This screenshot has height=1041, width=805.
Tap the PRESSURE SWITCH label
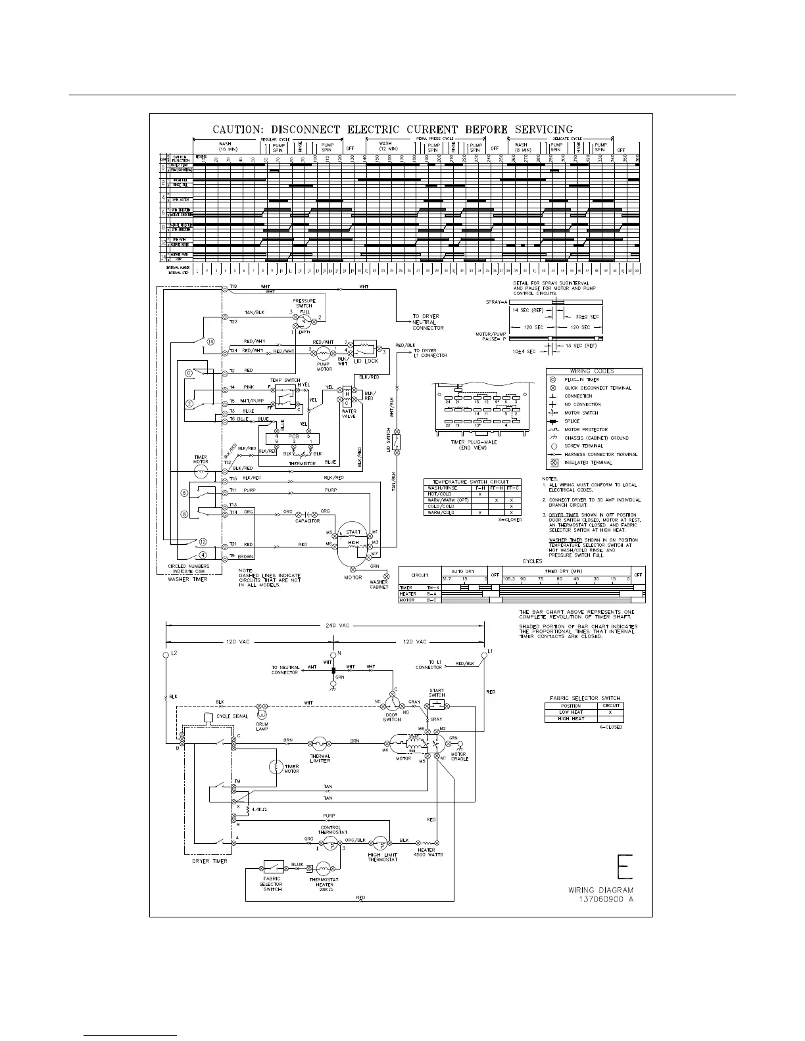pyautogui.click(x=304, y=303)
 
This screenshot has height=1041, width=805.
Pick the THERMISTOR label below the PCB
pyautogui.click(x=303, y=463)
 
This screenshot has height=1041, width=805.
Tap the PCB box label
pyautogui.click(x=293, y=436)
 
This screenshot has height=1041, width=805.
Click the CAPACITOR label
pyautogui.click(x=308, y=520)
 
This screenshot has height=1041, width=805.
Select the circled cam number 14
pyautogui.click(x=210, y=342)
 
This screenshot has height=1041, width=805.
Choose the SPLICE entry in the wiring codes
pyautogui.click(x=572, y=421)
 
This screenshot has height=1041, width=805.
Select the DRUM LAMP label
pyautogui.click(x=262, y=727)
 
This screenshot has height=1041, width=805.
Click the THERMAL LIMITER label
pyautogui.click(x=320, y=758)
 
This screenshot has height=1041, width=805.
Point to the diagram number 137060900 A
pyautogui.click(x=606, y=898)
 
